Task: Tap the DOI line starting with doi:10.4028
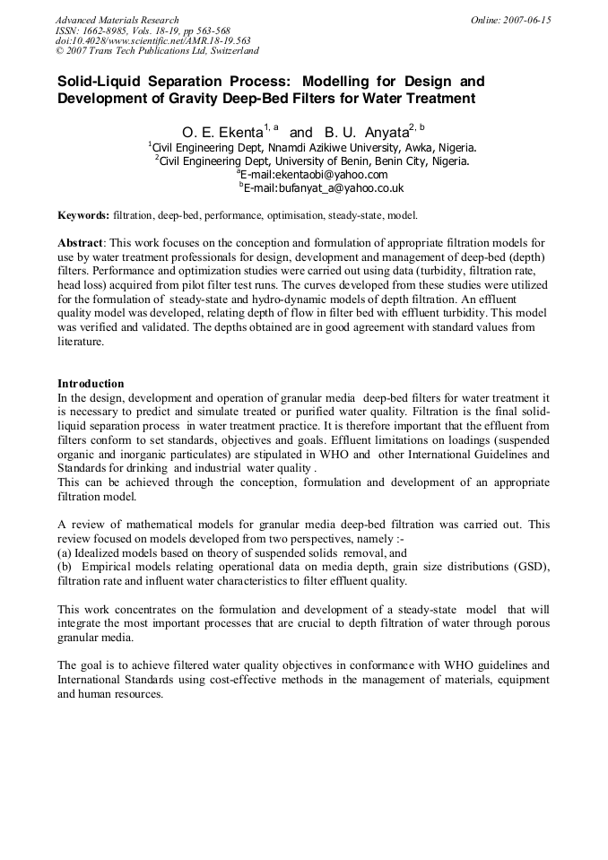click(x=152, y=40)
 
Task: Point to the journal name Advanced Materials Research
click(x=117, y=20)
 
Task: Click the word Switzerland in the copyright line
click(x=221, y=51)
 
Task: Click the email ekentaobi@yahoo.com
click(x=333, y=175)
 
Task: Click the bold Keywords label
click(x=84, y=216)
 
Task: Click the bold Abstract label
click(x=81, y=243)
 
